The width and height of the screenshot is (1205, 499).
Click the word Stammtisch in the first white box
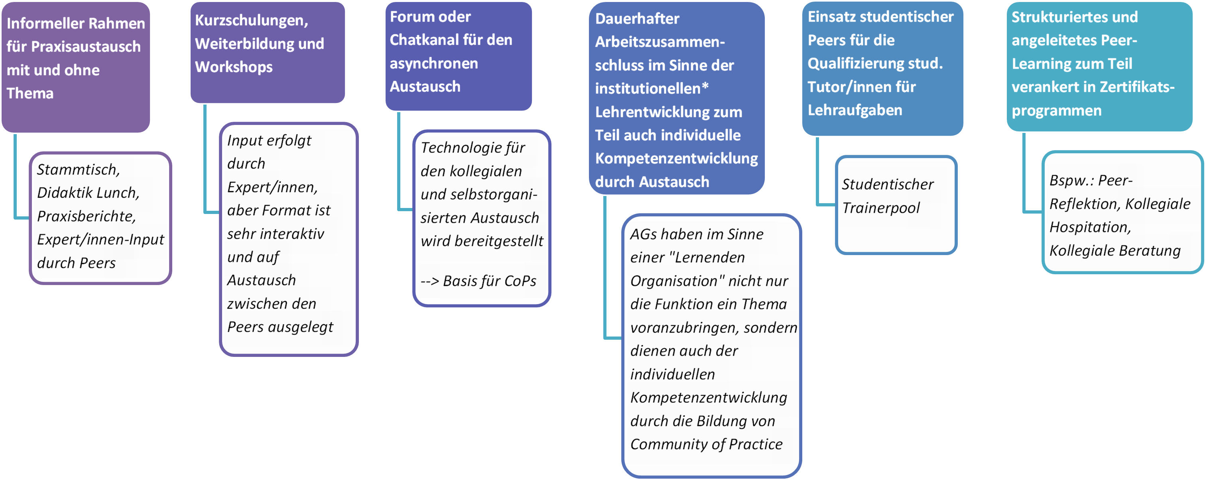(x=78, y=169)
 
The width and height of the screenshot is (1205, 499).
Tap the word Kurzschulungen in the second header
(x=251, y=20)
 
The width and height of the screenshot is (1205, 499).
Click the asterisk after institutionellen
(x=705, y=87)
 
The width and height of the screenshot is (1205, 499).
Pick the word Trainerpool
(x=880, y=208)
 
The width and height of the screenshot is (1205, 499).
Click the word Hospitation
(x=1089, y=228)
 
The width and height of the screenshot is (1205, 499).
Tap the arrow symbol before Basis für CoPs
(x=429, y=281)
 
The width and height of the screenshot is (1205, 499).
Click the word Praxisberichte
(x=86, y=216)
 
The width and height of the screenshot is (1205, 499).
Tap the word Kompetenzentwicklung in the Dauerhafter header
(x=676, y=159)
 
